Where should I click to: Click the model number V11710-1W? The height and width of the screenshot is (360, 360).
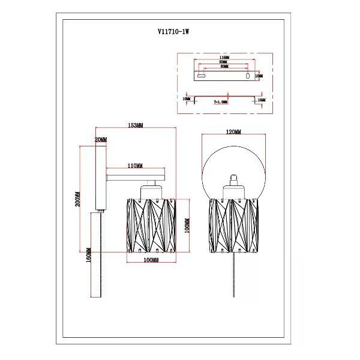[179, 35]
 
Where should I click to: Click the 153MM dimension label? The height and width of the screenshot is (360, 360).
[135, 125]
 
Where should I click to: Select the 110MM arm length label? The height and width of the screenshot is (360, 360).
[134, 166]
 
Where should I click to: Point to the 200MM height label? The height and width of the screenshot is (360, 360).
[77, 198]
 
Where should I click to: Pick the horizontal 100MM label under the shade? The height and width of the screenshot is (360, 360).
[151, 260]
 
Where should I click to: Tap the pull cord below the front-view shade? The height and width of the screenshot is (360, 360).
[233, 273]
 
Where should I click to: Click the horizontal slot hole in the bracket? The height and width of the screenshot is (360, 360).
[202, 76]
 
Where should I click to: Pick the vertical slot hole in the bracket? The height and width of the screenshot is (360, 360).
[247, 76]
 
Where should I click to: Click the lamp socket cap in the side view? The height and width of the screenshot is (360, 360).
[151, 192]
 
